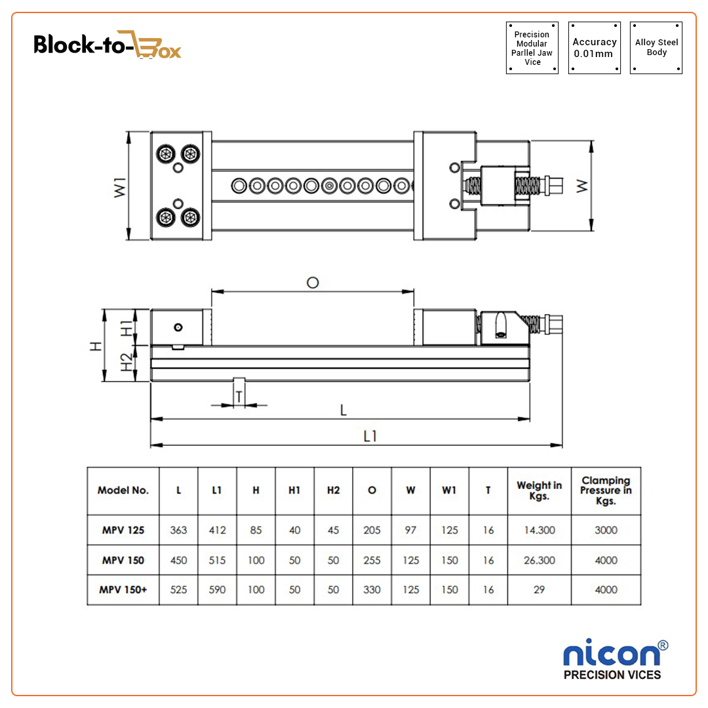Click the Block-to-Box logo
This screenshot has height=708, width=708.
[x=107, y=45]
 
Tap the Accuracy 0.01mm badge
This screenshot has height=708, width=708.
[x=594, y=47]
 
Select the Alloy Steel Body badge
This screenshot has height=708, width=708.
[x=656, y=47]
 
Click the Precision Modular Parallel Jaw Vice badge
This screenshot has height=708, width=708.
[x=532, y=48]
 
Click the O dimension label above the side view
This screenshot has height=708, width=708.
[x=313, y=283]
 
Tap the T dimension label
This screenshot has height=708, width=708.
[x=239, y=397]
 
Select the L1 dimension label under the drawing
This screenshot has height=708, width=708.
[x=370, y=436]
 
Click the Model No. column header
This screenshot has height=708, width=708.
[x=123, y=490]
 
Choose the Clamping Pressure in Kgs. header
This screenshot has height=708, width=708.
[x=606, y=490]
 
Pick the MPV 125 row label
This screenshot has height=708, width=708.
[x=123, y=530]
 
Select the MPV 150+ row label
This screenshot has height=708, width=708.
[x=123, y=589]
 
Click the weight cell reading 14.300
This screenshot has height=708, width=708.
[x=539, y=530]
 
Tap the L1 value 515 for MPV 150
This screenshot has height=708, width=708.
[x=217, y=560]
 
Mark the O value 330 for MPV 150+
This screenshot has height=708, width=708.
[x=372, y=589]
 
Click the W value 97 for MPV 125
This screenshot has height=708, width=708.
[x=410, y=530]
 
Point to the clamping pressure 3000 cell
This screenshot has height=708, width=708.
[x=606, y=530]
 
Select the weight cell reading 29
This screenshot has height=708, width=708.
[x=539, y=589]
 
